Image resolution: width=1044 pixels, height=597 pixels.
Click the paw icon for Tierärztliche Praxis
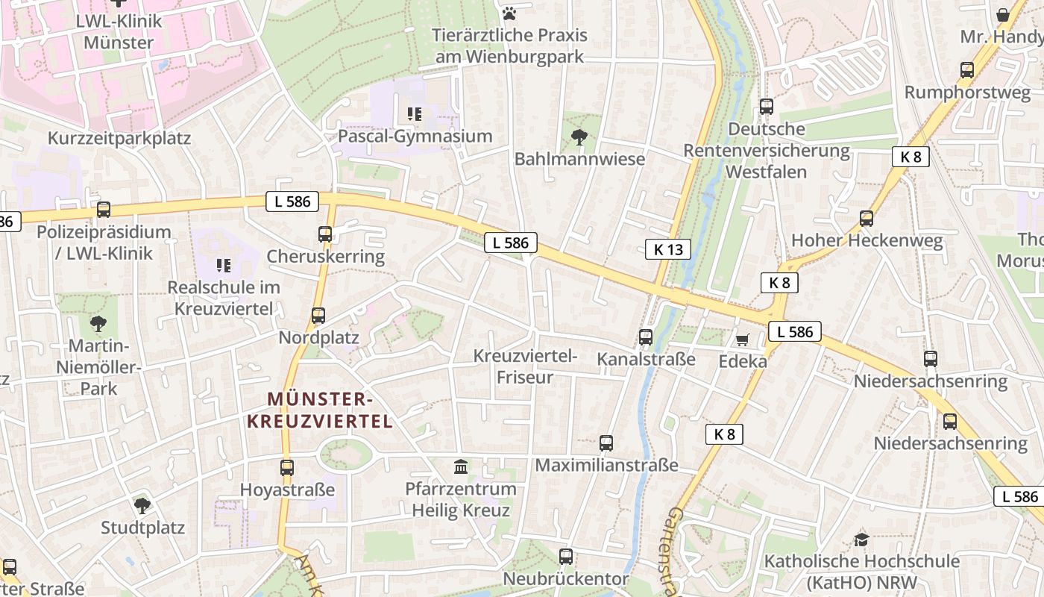509,13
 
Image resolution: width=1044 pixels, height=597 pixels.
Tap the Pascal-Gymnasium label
415,137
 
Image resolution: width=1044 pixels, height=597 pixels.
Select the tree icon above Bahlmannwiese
578,137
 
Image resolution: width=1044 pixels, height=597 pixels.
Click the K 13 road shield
667,249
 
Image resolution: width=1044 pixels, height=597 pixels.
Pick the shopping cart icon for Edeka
742,340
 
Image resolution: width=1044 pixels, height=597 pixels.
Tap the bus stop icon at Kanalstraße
646,337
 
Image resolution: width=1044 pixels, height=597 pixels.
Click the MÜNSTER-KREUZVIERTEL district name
319,410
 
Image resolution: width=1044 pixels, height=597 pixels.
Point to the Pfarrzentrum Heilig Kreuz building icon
462,467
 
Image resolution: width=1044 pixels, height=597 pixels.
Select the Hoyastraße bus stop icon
287,468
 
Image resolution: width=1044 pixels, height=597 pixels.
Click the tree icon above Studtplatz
142,506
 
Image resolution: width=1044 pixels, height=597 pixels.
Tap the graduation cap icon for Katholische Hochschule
861,539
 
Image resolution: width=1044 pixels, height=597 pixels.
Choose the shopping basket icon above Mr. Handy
1003,15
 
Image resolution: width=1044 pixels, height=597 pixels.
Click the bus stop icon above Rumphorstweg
967,70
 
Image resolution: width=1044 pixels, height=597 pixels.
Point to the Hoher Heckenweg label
867,241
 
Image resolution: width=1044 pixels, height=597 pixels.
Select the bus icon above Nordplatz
318,316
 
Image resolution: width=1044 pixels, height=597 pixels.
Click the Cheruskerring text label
325,257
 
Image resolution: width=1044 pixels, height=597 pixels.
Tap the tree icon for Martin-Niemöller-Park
98,324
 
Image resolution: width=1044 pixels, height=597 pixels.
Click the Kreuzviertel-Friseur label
525,366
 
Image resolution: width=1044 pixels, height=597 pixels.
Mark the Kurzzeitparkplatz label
119,139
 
